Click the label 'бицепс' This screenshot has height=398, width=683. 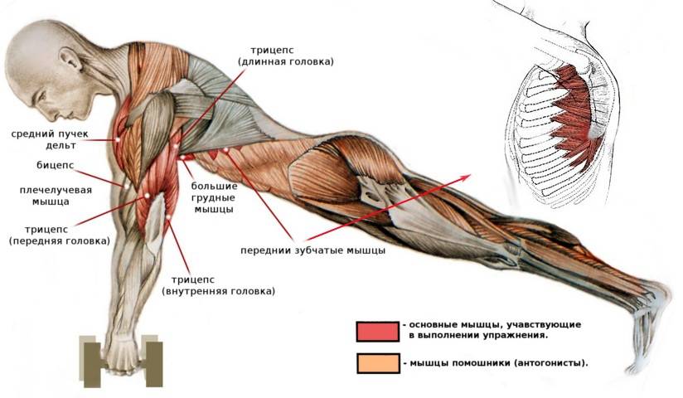coord(56,164)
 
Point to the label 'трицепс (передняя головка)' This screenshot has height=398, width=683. coord(59,233)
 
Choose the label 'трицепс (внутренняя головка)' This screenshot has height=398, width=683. coord(222,285)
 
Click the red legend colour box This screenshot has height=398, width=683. coord(377,331)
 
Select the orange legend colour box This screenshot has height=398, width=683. coord(377,363)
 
